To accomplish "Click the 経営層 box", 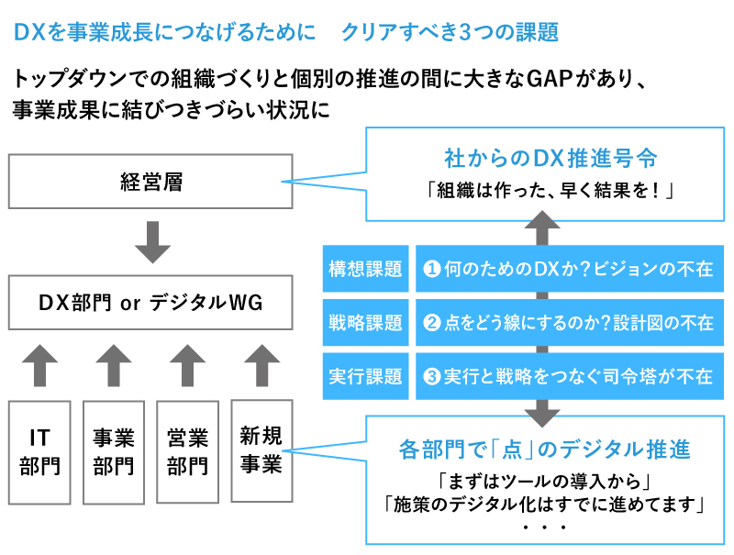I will pyautogui.click(x=151, y=181).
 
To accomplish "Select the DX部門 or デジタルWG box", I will pyautogui.click(x=151, y=302).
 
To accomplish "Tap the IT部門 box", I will pyautogui.click(x=39, y=451).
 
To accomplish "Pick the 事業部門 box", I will pyautogui.click(x=114, y=451).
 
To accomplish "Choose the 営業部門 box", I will pyautogui.click(x=187, y=451).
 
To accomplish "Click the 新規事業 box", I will pyautogui.click(x=261, y=450).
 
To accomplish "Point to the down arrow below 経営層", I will pyautogui.click(x=151, y=240).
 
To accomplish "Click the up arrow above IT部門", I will pyautogui.click(x=39, y=365).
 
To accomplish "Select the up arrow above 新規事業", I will pyautogui.click(x=261, y=365).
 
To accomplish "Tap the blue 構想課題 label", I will pyautogui.click(x=365, y=269).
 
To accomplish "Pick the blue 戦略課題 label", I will pyautogui.click(x=365, y=323).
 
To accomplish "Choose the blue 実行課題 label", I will pyautogui.click(x=365, y=376).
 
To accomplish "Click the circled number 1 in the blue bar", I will pyautogui.click(x=432, y=269).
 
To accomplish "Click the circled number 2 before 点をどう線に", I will pyautogui.click(x=432, y=323).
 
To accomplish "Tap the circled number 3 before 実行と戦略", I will pyautogui.click(x=432, y=377).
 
